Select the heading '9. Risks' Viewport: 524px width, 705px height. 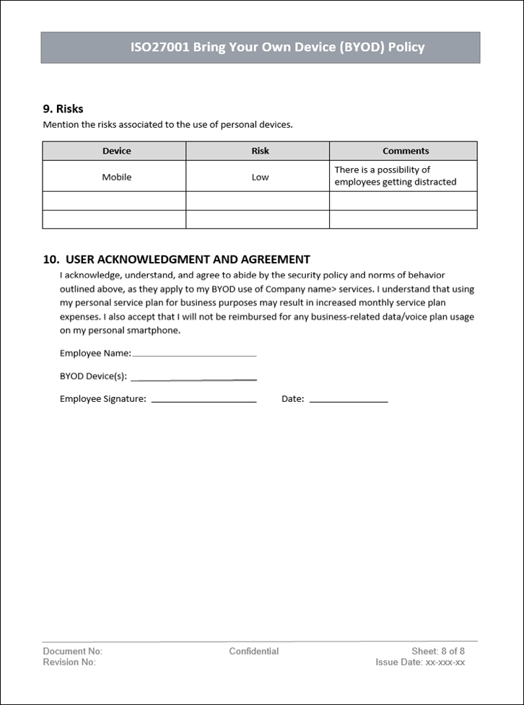(x=64, y=109)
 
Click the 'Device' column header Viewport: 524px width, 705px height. (x=116, y=151)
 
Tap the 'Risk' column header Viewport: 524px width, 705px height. (x=260, y=151)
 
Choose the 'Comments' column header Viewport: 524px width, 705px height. (x=406, y=151)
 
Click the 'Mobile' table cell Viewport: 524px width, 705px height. (x=116, y=177)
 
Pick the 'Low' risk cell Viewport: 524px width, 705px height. (x=260, y=177)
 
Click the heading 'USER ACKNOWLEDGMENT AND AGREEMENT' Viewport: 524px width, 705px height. (x=188, y=260)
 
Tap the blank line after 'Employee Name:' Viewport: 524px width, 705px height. (x=194, y=354)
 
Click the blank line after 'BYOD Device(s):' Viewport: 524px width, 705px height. (x=193, y=377)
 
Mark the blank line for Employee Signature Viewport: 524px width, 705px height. (x=204, y=400)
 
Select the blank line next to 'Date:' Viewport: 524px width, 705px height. (x=349, y=400)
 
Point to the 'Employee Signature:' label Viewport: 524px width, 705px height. (x=103, y=399)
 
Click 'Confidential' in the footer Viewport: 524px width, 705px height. (x=254, y=651)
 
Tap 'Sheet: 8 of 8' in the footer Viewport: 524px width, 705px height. (x=438, y=651)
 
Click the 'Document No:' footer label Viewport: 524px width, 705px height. (x=73, y=651)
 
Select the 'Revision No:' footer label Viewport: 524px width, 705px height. (x=69, y=662)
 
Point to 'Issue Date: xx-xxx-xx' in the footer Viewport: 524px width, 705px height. (x=420, y=662)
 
